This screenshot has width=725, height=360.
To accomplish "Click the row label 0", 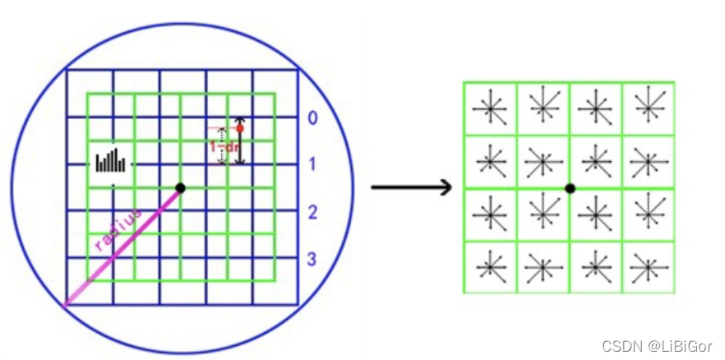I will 312,118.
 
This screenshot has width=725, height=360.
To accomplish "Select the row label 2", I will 312,213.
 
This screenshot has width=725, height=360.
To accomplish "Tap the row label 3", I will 312,261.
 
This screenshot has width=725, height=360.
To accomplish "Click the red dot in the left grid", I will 240,127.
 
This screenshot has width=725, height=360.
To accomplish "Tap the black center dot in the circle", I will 181,188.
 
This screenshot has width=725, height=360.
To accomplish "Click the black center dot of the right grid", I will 570,188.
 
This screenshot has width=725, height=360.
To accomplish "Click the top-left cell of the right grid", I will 490,108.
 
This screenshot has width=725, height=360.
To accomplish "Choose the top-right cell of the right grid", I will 649,108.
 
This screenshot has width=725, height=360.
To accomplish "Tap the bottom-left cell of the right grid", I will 490,266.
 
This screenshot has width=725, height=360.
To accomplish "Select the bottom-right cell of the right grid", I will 649,266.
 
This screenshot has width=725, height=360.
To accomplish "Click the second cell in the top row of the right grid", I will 543,108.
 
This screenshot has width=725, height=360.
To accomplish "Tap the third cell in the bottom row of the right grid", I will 596,266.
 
